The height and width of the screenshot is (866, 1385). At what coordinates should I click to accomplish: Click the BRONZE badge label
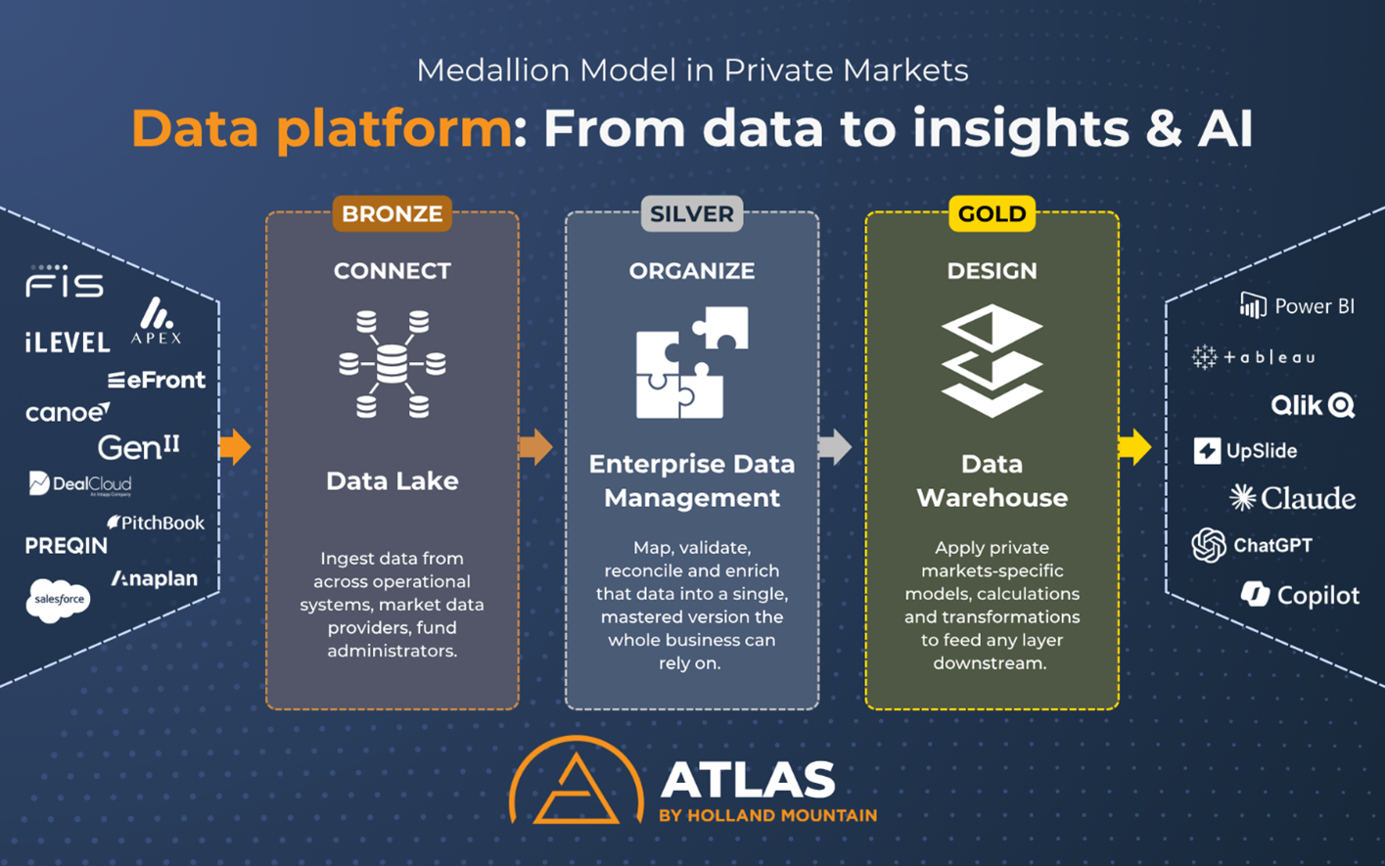coord(392,213)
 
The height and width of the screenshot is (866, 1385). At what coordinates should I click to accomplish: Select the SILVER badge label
coord(691,213)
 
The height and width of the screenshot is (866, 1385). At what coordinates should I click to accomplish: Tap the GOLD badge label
coord(992,213)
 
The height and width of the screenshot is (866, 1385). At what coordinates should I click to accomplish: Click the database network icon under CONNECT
coord(392,364)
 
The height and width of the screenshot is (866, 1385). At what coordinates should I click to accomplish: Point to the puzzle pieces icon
coord(691,362)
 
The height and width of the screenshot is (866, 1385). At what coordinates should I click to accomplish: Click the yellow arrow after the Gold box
coord(1134,447)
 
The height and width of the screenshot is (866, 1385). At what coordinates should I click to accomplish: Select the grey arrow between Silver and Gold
coord(835,447)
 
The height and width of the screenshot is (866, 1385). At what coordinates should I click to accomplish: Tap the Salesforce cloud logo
coord(58,599)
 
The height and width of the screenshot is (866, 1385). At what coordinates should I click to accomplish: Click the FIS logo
coord(65,283)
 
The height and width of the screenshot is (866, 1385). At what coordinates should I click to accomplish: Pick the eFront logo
coord(157,380)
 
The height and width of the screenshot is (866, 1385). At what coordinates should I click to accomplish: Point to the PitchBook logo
coord(156,523)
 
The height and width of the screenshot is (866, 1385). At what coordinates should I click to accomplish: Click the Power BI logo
coord(1297,306)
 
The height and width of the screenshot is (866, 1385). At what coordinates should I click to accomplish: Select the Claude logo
coord(1292,498)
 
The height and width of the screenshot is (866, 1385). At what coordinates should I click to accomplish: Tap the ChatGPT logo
coord(1252,545)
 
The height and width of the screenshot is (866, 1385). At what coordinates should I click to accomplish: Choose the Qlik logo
coord(1313,405)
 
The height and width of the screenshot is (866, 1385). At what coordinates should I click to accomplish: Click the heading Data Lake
coord(392,480)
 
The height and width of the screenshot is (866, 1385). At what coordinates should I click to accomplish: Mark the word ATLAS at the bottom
coord(748,780)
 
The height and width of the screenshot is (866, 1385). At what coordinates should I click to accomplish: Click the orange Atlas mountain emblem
coord(576,783)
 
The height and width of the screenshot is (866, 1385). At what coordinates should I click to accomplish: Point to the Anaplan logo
coord(155,578)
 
